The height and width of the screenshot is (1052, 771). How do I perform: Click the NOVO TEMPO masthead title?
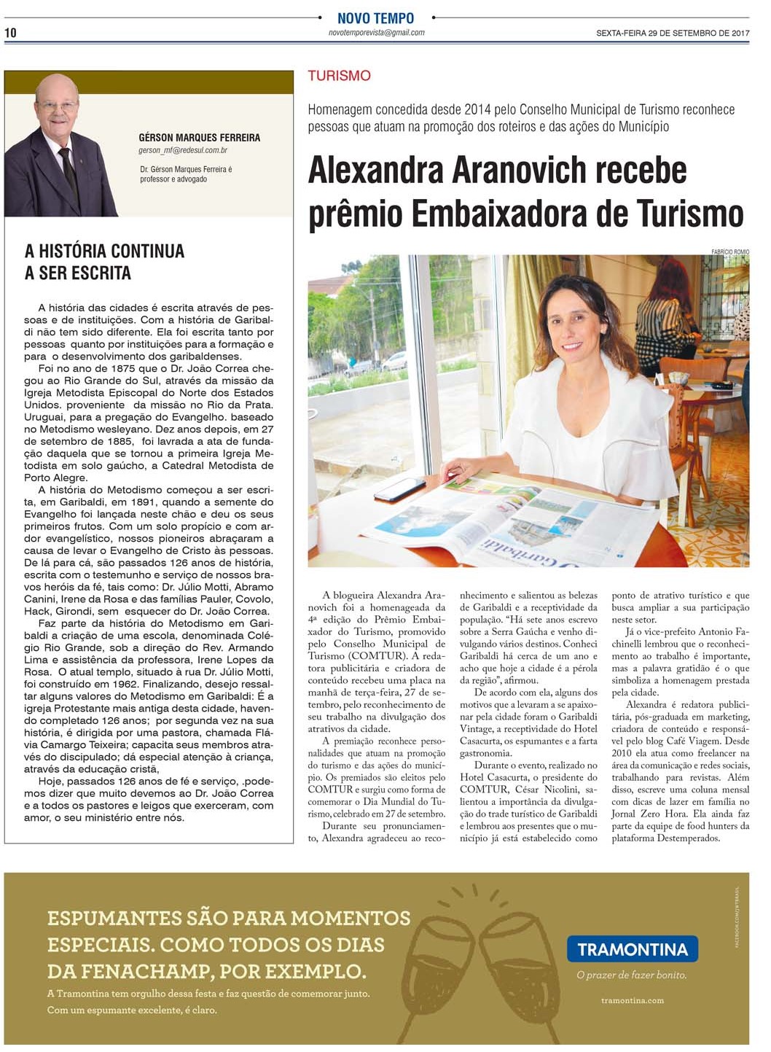click(x=375, y=18)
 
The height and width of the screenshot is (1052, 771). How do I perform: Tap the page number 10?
click(x=10, y=33)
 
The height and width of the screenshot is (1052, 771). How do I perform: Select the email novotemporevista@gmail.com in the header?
click(x=376, y=33)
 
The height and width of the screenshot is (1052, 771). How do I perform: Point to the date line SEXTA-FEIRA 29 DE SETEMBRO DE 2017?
click(x=673, y=33)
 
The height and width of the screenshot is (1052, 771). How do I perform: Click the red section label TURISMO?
click(x=339, y=76)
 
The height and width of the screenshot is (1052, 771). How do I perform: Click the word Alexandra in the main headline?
click(x=376, y=171)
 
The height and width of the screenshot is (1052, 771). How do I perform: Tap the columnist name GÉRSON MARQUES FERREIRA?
click(x=199, y=137)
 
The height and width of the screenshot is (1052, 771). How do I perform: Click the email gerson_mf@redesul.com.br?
click(x=183, y=150)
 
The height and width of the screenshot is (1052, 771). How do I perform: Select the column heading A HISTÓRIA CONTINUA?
click(x=104, y=252)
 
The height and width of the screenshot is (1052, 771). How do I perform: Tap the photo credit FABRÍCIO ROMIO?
click(x=729, y=252)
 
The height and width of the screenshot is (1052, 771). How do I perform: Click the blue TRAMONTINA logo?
click(x=632, y=949)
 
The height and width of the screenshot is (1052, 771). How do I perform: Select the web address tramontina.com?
click(x=632, y=1000)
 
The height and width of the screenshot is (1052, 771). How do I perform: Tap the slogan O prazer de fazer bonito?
click(x=631, y=975)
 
